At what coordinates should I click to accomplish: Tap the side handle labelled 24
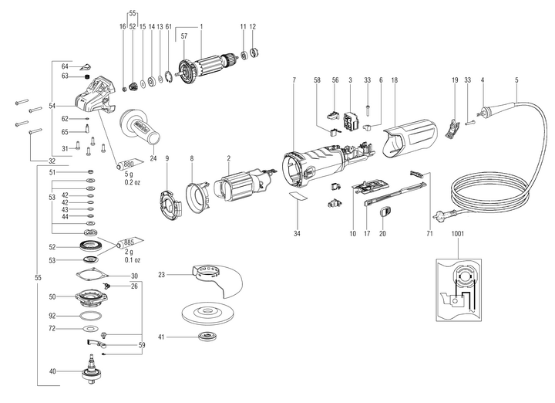point(138,126)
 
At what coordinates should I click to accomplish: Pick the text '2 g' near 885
point(129,252)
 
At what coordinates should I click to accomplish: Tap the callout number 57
point(183,36)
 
